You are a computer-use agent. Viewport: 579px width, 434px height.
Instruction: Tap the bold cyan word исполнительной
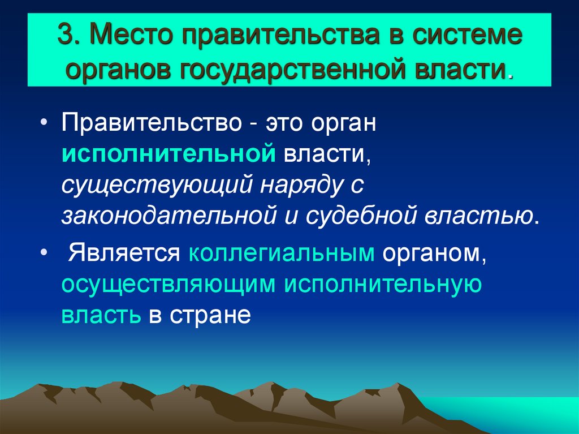[x=168, y=154]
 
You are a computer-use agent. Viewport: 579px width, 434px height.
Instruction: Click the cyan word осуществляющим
[x=168, y=284]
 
